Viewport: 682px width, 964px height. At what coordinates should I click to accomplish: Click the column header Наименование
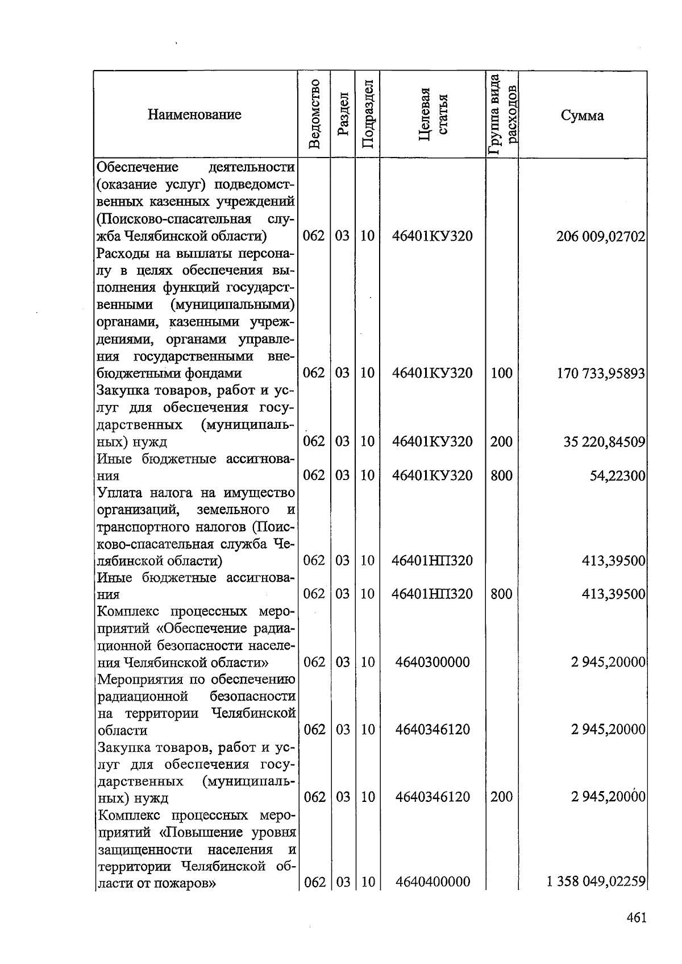pos(194,115)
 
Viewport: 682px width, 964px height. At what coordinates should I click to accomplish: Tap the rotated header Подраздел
pos(367,115)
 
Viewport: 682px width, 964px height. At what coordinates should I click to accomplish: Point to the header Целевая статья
pos(433,115)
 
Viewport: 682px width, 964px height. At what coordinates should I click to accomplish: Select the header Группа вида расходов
pos(502,115)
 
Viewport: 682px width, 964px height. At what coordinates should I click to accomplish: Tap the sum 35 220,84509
pos(604,442)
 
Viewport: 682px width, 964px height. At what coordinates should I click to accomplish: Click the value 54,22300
pos(617,475)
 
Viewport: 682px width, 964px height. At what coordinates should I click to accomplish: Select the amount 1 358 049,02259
pos(596,882)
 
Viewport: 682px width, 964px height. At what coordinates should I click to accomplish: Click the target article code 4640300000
pos(433,662)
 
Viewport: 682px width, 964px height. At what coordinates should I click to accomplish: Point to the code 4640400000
pos(433,882)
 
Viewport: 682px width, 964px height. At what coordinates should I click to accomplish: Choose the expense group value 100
pos(501,374)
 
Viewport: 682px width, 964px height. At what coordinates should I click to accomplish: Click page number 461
pos(636,917)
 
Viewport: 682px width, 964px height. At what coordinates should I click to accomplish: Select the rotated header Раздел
pos(342,115)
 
